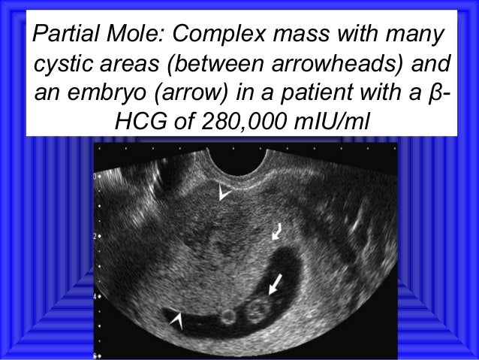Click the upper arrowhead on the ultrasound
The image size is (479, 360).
pyautogui.click(x=223, y=194)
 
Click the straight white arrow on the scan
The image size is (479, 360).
pyautogui.click(x=276, y=283)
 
